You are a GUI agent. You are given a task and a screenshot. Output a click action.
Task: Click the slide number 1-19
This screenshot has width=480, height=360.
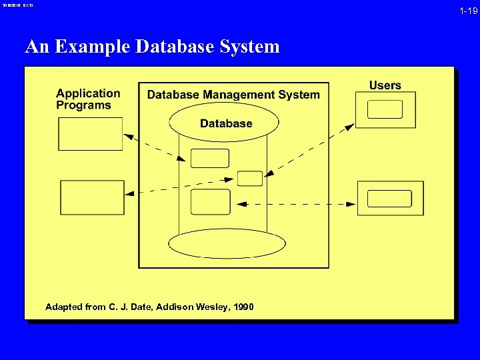[469, 11]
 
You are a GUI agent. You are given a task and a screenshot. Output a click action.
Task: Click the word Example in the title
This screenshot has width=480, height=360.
[93, 47]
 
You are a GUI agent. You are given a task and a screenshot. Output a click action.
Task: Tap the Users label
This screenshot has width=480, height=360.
[385, 85]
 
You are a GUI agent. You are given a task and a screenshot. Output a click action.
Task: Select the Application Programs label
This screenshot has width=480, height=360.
[88, 99]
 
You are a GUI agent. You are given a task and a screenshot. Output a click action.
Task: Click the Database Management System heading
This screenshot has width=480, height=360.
[233, 95]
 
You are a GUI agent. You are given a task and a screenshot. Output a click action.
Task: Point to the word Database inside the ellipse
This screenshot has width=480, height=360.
[226, 123]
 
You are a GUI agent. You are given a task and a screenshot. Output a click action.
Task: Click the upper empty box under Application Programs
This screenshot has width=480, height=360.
[91, 134]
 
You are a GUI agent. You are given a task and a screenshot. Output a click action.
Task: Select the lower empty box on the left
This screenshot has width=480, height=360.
[93, 197]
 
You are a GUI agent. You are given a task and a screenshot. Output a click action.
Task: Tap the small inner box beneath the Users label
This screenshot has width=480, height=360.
[385, 109]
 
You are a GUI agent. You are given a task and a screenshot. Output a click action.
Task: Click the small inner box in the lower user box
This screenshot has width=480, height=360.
[390, 199]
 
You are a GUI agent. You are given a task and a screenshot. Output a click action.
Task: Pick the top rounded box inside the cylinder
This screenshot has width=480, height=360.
[210, 158]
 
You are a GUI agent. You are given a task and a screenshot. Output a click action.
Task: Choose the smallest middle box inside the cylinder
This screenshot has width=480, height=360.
[250, 178]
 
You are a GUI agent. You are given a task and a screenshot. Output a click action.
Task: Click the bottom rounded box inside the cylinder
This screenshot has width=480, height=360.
[210, 202]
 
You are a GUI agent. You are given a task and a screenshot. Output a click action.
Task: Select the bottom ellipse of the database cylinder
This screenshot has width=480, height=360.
[227, 244]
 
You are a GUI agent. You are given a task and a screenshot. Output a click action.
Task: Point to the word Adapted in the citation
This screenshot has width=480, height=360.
[64, 307]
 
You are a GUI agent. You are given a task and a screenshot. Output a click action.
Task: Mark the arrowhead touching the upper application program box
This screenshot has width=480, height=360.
[129, 137]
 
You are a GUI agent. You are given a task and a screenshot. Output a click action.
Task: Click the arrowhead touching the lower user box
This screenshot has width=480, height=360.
[353, 202]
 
